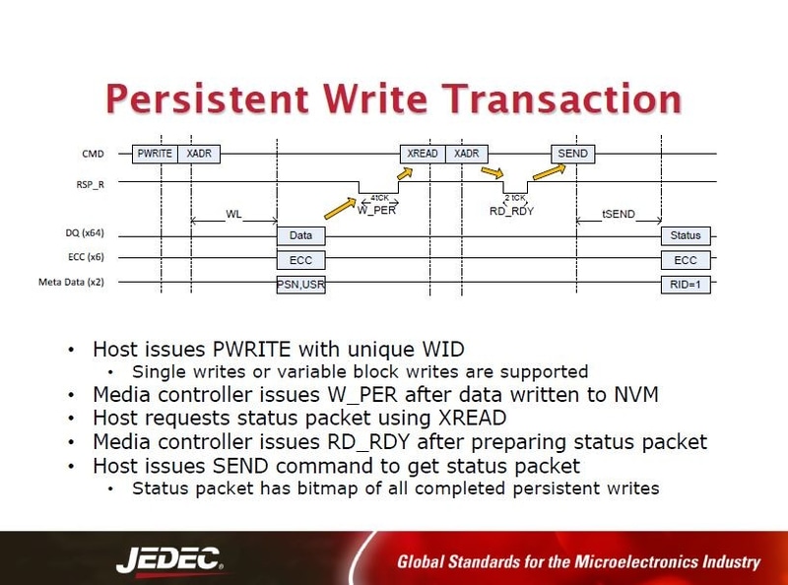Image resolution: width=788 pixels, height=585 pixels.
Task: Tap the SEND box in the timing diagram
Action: click(572, 154)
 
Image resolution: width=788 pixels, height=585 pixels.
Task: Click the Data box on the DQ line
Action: click(300, 236)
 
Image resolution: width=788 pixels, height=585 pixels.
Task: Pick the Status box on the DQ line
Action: click(685, 236)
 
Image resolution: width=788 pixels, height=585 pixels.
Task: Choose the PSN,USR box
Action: click(300, 285)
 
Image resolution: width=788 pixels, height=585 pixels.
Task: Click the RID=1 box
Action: click(685, 285)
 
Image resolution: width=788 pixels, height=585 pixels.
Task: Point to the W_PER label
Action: click(376, 209)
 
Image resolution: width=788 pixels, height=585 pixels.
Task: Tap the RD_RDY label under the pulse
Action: click(512, 210)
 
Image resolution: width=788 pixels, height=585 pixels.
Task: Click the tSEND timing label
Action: click(618, 214)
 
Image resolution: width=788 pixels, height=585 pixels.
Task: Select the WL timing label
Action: click(233, 214)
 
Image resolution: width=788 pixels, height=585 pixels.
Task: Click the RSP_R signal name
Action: click(95, 183)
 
